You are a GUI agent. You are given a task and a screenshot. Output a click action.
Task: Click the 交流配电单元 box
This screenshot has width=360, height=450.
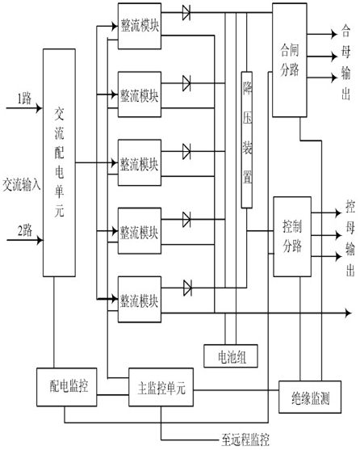pos(60,162)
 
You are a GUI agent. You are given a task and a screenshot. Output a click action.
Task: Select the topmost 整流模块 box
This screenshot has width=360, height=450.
pos(140,26)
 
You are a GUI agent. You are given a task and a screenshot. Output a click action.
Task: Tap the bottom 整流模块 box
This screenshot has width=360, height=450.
pos(140,300)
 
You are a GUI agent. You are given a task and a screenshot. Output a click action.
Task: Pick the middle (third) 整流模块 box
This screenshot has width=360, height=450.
pos(140,162)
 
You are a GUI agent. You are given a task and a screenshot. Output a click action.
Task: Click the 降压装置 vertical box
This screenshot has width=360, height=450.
pos(247,140)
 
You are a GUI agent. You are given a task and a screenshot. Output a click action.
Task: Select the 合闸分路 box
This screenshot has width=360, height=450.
pos(290,61)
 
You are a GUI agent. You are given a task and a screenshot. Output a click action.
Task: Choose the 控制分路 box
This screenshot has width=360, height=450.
pos(292,237)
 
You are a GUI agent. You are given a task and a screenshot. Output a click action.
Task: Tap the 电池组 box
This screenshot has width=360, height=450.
pos(231,355)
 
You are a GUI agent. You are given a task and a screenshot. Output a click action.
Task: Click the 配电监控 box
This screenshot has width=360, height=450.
pos(66,387)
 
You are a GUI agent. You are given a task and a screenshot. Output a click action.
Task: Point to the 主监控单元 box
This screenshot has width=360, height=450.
pos(161,387)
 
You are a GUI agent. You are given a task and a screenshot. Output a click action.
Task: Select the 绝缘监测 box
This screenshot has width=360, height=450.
pos(310,397)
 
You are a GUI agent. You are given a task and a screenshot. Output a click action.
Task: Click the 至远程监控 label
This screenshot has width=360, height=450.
pos(245,440)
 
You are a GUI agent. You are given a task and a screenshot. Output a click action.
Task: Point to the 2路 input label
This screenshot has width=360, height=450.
pos(25,230)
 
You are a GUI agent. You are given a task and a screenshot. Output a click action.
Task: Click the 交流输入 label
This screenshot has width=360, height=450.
pos(22,184)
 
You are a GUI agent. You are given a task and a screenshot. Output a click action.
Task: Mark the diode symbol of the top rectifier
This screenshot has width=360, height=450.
pos(186,13)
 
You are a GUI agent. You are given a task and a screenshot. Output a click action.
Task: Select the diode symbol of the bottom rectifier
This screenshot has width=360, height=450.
pos(187,288)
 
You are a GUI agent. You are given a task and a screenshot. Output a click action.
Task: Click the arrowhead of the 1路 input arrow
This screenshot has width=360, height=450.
pos(39,108)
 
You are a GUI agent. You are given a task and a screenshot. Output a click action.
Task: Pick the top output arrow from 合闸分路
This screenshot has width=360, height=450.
pos(322,34)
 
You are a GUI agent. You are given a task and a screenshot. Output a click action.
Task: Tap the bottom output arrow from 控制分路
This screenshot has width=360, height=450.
pos(326,256)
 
